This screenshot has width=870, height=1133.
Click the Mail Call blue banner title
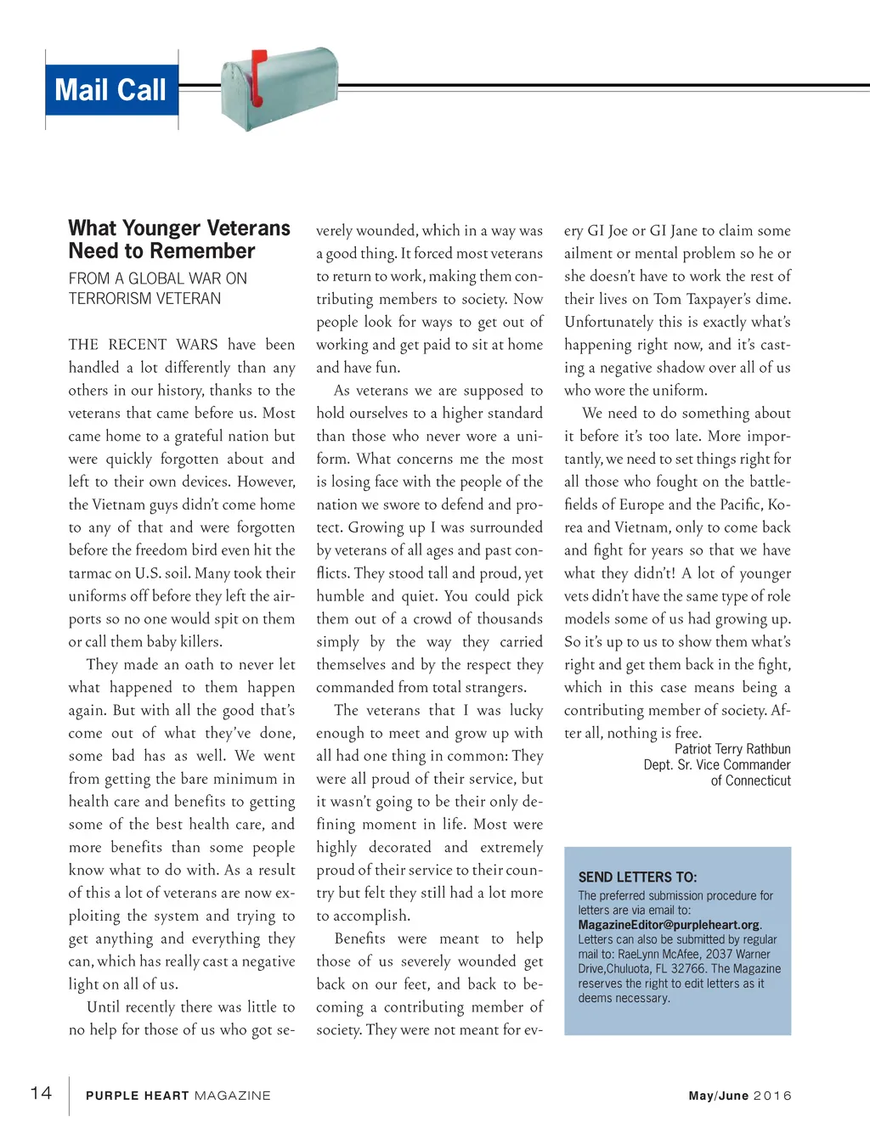(110, 90)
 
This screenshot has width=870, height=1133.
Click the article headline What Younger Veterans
(179, 228)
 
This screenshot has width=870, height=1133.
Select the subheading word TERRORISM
(109, 299)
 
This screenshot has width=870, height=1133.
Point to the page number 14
(41, 1093)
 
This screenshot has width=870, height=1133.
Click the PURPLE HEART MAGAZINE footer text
(178, 1096)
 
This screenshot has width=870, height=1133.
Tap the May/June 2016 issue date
(739, 1096)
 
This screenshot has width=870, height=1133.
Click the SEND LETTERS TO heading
(637, 877)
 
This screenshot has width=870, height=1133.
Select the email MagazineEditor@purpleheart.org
(669, 925)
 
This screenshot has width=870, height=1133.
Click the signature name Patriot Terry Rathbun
(732, 749)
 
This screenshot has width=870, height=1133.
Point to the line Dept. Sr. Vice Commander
(716, 764)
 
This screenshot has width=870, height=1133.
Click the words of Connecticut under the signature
(750, 781)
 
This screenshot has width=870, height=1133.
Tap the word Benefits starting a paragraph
(359, 939)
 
